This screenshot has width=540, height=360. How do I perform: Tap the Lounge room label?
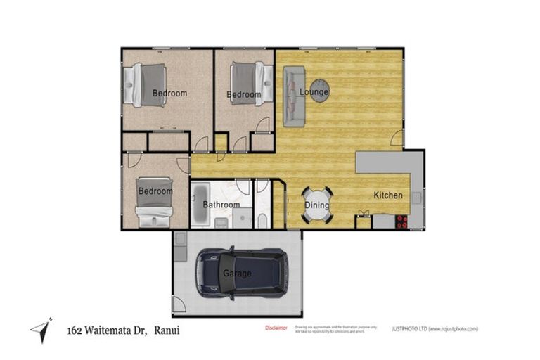pos(314,92)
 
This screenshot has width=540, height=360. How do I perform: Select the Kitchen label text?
pos(387,195)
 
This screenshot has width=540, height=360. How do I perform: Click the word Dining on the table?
pos(317,205)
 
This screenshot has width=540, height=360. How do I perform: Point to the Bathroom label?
pos(221,205)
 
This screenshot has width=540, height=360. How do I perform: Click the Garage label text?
pos(237,274)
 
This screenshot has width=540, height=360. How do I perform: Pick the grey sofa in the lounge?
pos(293,96)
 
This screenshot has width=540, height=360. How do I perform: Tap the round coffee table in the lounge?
pos(320,90)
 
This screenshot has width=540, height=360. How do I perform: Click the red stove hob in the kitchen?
pos(401,221)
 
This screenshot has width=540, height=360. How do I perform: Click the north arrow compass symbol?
pos(41,330)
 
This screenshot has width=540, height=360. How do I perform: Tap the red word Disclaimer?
pos(276,328)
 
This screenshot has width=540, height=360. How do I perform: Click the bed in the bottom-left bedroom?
pos(155,202)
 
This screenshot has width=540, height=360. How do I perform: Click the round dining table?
pos(317,205)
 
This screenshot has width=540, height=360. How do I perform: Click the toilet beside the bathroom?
pos(262,220)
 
